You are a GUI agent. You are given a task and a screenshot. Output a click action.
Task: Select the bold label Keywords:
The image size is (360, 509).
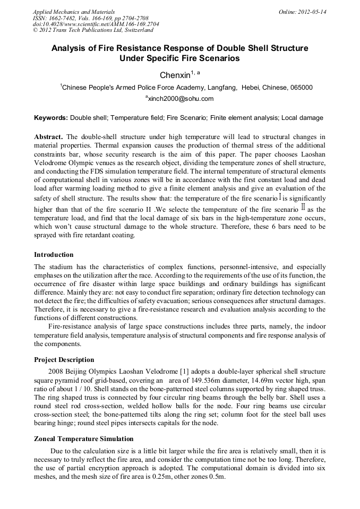point(51,118)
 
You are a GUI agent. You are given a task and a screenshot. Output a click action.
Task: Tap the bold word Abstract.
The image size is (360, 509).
point(49,136)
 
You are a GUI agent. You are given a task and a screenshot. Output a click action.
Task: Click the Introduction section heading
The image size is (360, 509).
point(54,255)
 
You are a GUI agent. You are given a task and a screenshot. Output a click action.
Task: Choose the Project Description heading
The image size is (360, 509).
point(64,360)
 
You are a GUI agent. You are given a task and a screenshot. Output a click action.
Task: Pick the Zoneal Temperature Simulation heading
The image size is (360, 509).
point(83,439)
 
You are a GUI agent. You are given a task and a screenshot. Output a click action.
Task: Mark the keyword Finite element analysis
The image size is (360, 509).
point(243,118)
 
